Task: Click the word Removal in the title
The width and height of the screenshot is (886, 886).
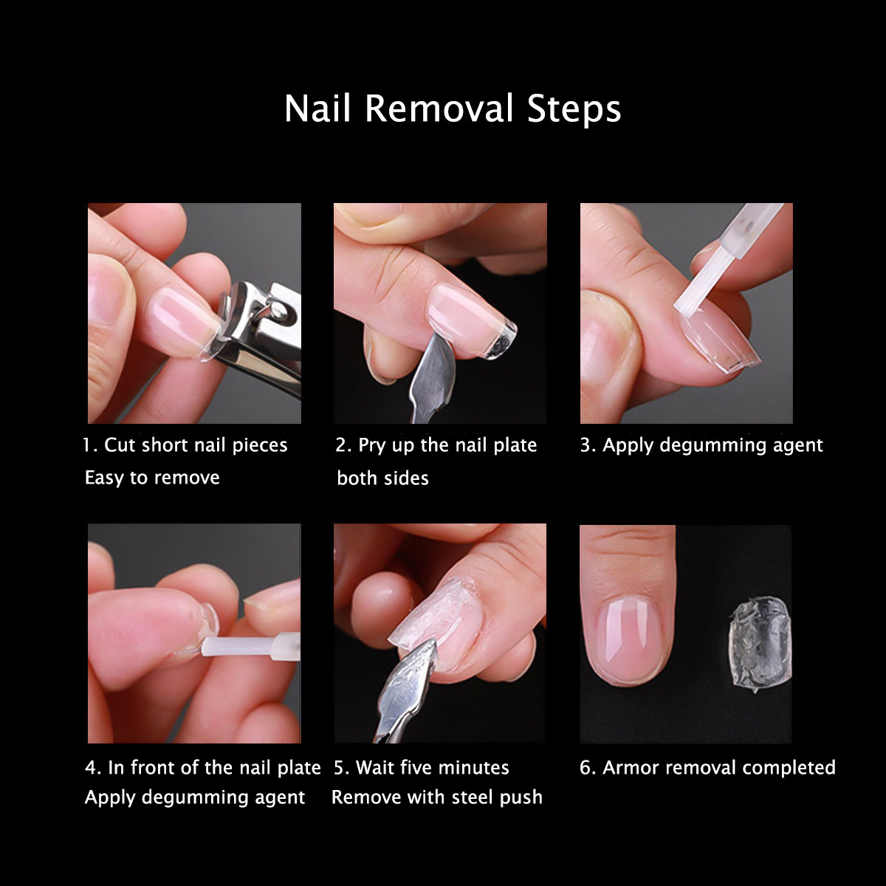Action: tap(439, 109)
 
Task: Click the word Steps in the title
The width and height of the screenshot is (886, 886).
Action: tap(574, 109)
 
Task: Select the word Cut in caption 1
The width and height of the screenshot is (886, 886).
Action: tap(119, 445)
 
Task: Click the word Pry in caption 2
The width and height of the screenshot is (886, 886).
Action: tap(371, 445)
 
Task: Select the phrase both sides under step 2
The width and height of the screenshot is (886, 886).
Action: tap(382, 478)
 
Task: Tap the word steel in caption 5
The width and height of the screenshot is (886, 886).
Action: tap(473, 797)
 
